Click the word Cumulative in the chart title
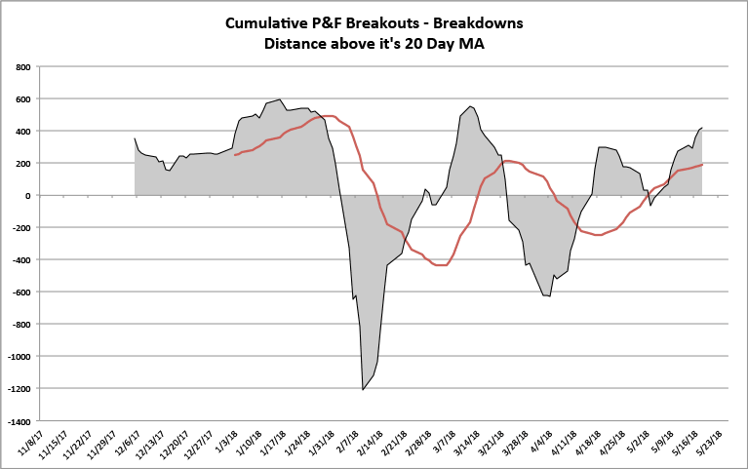(265, 22)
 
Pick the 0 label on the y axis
(29, 196)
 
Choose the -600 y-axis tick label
(20, 293)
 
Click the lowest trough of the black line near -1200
(363, 390)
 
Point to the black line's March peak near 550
(470, 106)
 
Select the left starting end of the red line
(234, 155)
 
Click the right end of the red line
(702, 164)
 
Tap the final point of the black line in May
(702, 128)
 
